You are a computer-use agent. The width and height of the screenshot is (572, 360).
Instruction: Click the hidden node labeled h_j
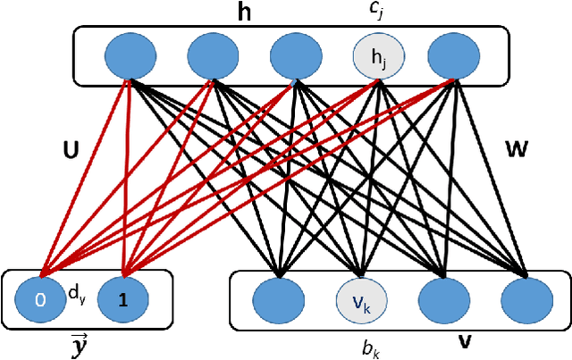(380, 58)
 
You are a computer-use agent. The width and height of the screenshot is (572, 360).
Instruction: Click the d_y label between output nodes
(79, 291)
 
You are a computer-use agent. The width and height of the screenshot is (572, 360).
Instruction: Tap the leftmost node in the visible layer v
(279, 301)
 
